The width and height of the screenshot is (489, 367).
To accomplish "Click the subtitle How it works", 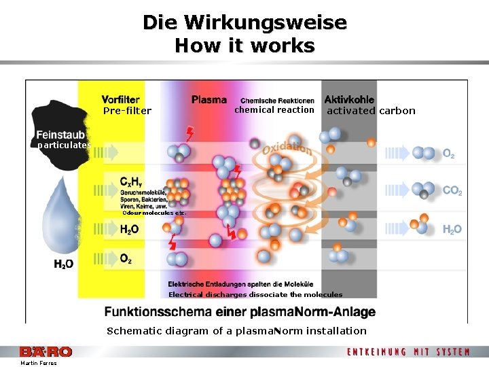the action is (244, 46).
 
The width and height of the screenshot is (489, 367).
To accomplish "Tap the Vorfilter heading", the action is (121, 99).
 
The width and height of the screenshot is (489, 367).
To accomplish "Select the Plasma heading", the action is (209, 99).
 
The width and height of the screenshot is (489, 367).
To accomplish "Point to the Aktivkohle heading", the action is (349, 99).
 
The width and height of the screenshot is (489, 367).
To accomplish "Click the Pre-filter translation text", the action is (127, 111).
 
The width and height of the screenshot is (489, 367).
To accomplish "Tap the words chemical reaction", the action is (274, 110).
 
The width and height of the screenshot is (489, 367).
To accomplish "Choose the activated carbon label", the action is (371, 111).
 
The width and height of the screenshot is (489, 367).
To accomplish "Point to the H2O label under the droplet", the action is (64, 263).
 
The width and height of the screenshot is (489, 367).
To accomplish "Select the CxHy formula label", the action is (132, 181).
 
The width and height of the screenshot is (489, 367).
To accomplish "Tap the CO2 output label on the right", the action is (452, 191).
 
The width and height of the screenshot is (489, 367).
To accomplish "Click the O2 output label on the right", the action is (449, 154).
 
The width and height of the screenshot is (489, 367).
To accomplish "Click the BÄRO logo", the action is (46, 351).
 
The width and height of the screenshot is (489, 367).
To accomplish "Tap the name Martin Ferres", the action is (39, 363).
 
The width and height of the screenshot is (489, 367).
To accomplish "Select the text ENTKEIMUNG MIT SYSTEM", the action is (408, 351).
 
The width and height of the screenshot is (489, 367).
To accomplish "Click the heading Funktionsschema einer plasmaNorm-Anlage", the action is (240, 312).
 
